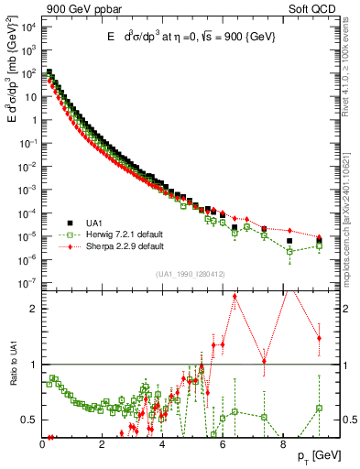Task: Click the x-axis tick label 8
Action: click(282, 445)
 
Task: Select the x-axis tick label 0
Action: click(43, 445)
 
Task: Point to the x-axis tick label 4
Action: click(163, 445)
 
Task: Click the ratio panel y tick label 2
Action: click(34, 309)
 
